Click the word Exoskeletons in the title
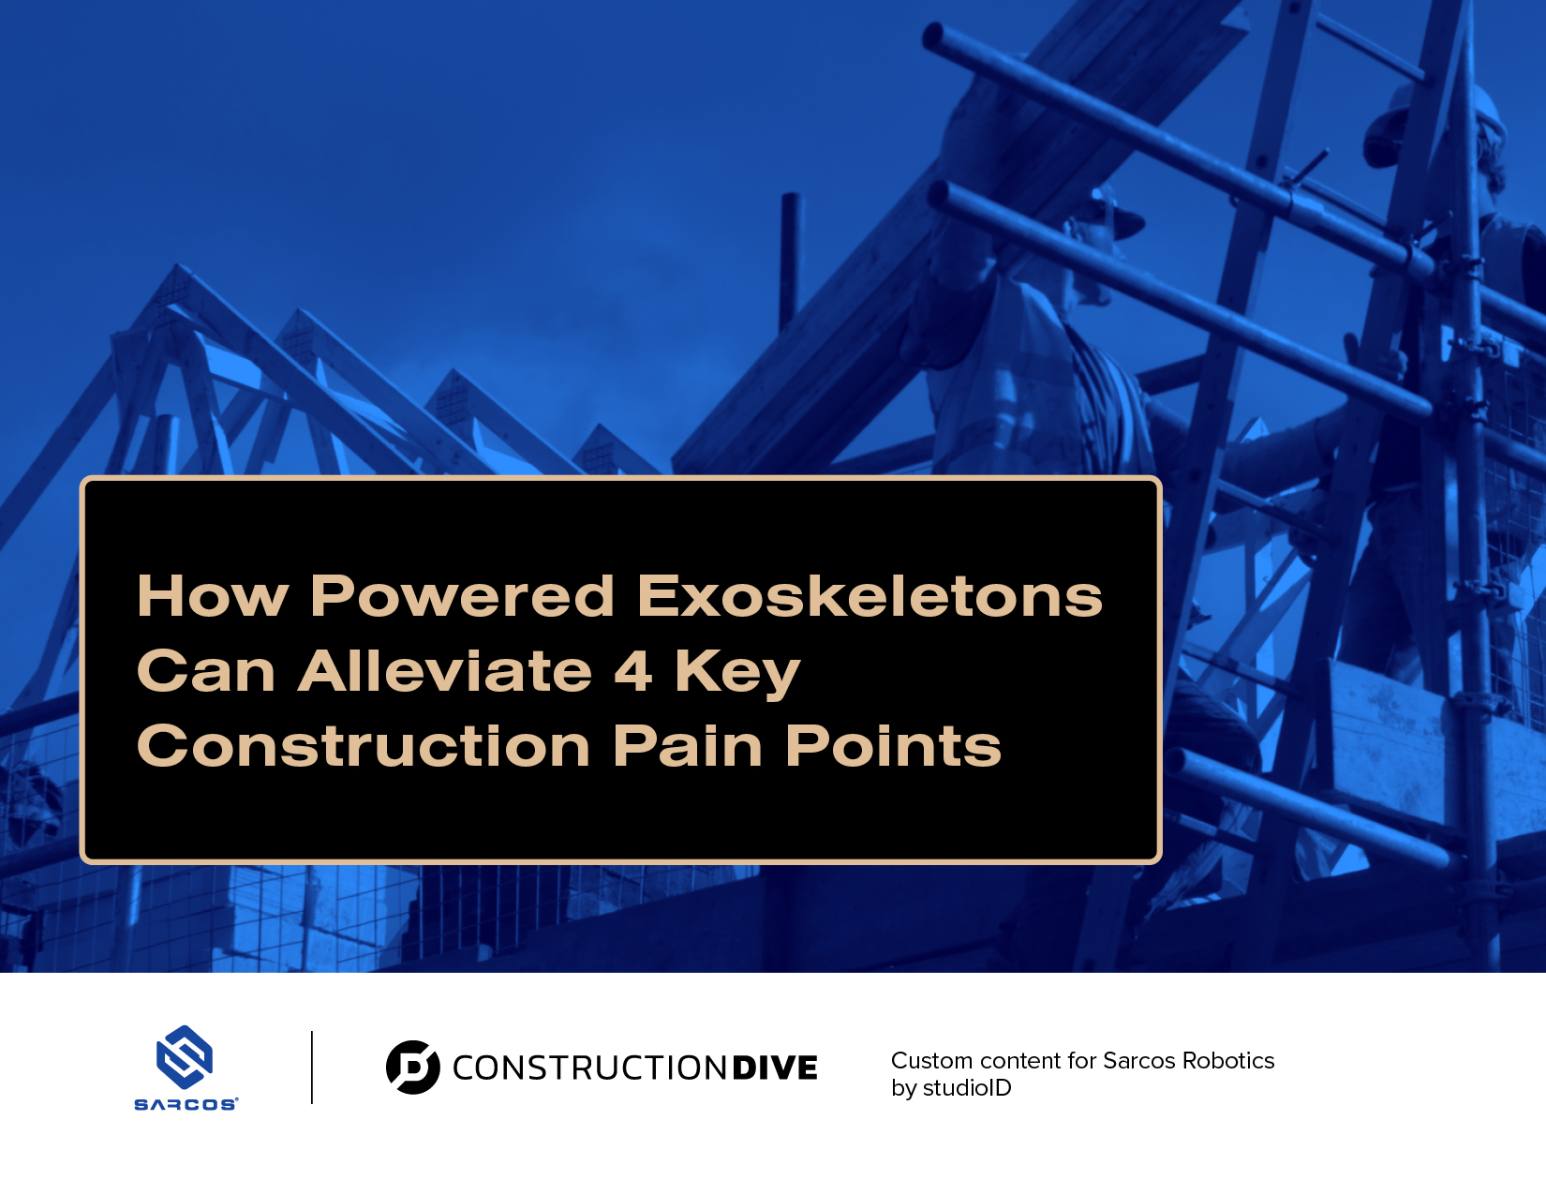click(870, 595)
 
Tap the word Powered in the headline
click(462, 595)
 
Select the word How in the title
click(212, 595)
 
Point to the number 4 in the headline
click(632, 670)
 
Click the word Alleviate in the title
click(445, 670)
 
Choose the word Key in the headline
click(737, 674)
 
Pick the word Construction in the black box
click(363, 745)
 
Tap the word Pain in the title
click(688, 745)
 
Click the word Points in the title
click(893, 745)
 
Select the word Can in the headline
click(205, 670)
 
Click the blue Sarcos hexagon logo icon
click(185, 1057)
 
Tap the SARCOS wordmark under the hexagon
click(186, 1105)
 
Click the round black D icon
click(412, 1067)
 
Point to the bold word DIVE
click(775, 1068)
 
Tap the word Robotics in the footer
click(1228, 1060)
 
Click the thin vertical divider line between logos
click(312, 1067)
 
